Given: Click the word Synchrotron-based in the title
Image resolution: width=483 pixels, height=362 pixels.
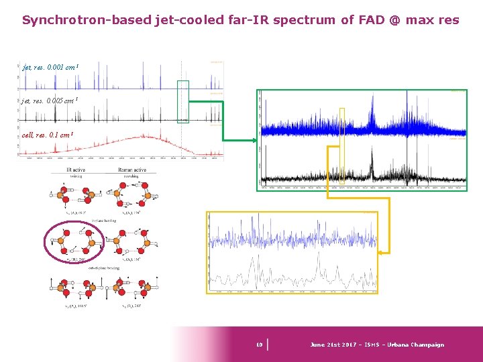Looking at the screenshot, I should point(87,20).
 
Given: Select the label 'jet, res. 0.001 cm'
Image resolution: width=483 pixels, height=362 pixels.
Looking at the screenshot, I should point(51,68).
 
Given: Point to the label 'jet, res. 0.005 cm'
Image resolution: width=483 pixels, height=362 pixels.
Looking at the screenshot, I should point(51,101).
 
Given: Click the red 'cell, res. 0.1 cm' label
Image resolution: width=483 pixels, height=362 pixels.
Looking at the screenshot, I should point(47,135).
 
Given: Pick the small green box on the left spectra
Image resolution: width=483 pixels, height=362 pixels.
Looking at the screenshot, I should point(182,102).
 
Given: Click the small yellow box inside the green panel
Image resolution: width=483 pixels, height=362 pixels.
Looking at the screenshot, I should point(342,145).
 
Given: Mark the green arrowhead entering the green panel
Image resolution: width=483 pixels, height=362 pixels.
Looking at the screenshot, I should point(254,140).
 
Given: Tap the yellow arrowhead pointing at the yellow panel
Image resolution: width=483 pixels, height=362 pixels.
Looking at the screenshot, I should point(382,252).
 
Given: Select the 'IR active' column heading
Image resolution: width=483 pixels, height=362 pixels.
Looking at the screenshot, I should point(79,170).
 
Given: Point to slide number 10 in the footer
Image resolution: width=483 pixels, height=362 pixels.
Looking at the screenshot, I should point(259,345).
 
